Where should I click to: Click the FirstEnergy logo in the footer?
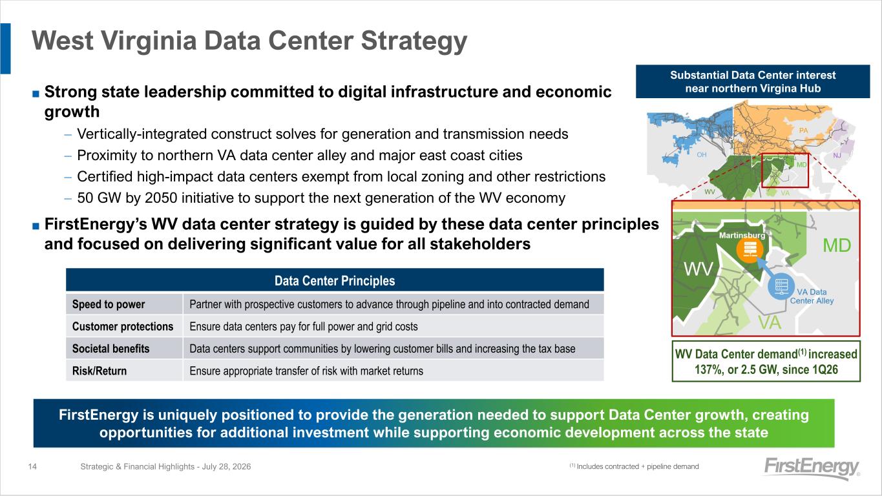tap(812, 468)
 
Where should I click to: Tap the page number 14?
tap(32, 466)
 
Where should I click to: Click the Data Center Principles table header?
tap(335, 280)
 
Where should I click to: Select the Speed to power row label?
tap(109, 304)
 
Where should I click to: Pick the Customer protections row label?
tap(123, 326)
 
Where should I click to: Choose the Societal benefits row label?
tap(110, 348)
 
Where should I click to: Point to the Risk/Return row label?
tap(100, 371)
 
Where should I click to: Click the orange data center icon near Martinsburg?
tap(750, 250)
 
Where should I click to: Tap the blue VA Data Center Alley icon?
tap(781, 286)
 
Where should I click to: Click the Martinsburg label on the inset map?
tap(742, 235)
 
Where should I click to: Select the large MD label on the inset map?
tap(837, 245)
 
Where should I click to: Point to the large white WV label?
tap(698, 269)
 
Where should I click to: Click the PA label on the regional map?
tap(803, 130)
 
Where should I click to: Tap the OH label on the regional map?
tap(702, 155)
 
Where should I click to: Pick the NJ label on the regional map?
tap(837, 156)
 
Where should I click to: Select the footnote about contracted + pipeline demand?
tap(635, 466)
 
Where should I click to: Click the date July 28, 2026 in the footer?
tap(226, 466)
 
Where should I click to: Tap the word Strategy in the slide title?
tap(414, 41)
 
